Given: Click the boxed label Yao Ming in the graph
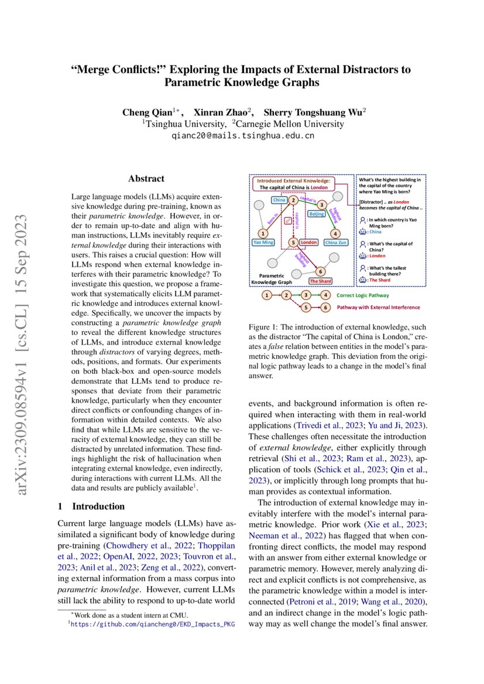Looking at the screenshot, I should (x=263, y=242).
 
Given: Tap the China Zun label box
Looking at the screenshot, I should (x=336, y=242).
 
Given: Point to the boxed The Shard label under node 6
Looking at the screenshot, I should (x=320, y=281).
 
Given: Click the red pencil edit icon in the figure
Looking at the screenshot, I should (x=287, y=221).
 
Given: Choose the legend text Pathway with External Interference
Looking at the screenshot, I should (x=378, y=307).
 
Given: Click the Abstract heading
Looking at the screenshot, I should (x=146, y=179).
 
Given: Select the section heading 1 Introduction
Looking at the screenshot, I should (x=91, y=506).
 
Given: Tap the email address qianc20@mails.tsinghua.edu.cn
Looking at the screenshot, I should (x=242, y=135).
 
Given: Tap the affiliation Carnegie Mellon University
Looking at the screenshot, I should (x=290, y=124).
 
